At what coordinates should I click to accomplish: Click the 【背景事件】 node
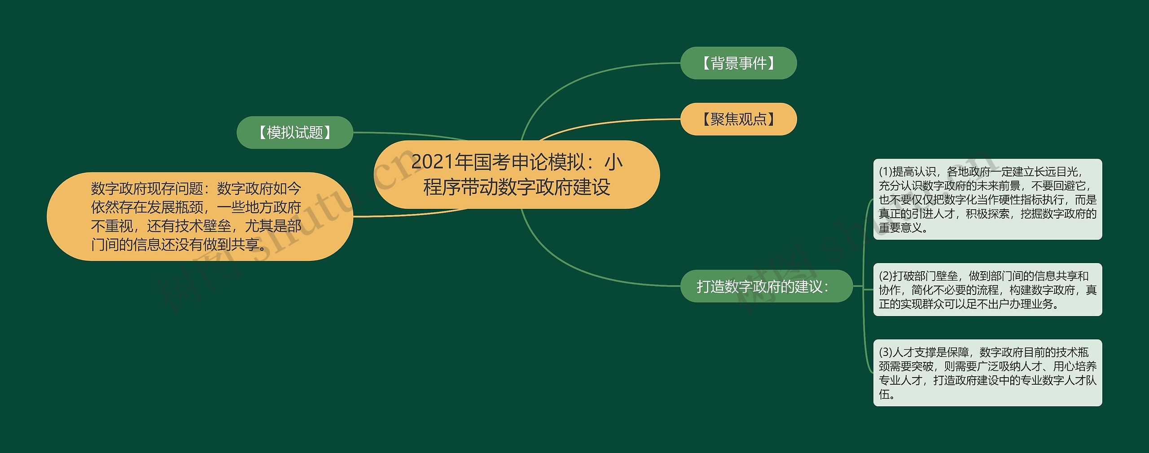tap(738, 63)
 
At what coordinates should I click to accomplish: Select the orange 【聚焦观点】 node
tap(738, 119)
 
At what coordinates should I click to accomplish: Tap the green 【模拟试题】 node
tap(295, 132)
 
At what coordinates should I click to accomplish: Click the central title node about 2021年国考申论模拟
tap(517, 174)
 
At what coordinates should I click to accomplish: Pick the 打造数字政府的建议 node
tap(766, 286)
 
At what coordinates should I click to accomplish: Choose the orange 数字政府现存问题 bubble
tap(200, 216)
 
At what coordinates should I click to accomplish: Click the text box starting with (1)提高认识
tap(987, 199)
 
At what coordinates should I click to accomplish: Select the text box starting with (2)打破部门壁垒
tap(987, 290)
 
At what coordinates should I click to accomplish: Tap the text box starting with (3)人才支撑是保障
tap(987, 373)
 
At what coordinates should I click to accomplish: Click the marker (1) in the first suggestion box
tap(886, 172)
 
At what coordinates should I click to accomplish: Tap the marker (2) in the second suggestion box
tap(886, 276)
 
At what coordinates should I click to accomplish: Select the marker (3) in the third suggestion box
tap(886, 352)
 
